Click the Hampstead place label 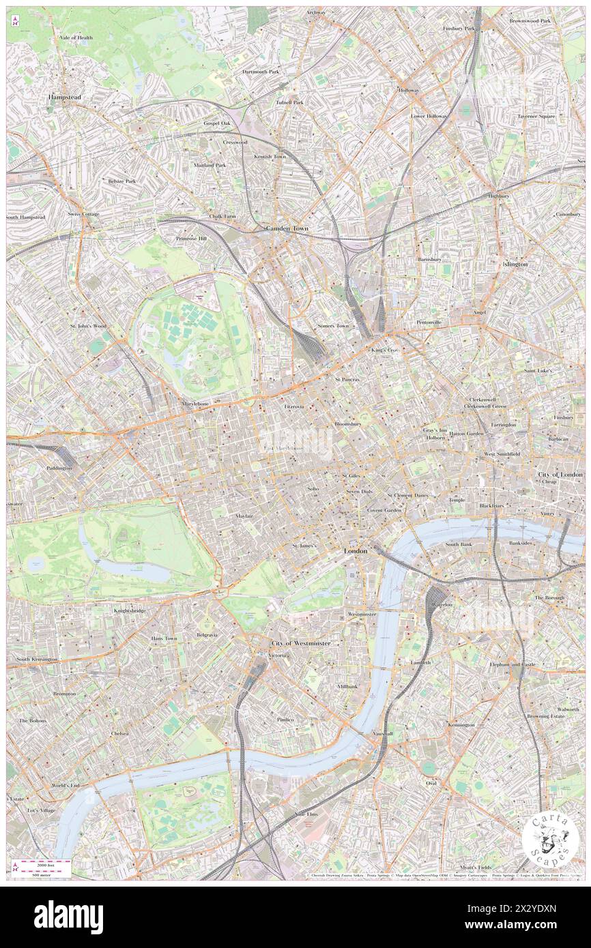point(64,98)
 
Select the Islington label point(515,264)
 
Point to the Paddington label point(59,468)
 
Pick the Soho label point(313,489)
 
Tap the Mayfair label point(245,516)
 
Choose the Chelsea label point(120,734)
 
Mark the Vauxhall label point(383,733)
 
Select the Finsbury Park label point(459,29)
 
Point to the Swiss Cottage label point(83,214)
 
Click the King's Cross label point(384,350)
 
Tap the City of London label point(560,474)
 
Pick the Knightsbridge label point(130,610)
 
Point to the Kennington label point(461,724)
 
